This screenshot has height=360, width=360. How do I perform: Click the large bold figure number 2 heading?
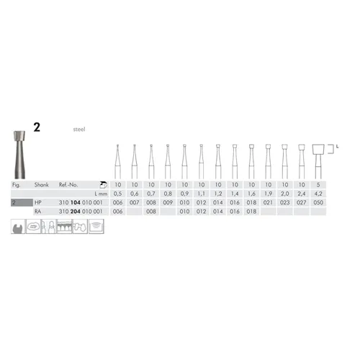[37, 126]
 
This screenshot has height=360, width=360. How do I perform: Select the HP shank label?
[37, 203]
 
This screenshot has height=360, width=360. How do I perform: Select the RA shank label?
[37, 212]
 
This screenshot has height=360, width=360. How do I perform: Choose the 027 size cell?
[300, 203]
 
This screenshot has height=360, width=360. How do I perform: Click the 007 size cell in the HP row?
[134, 203]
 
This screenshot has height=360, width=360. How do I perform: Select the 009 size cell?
[168, 203]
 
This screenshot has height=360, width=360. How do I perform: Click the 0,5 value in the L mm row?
[117, 194]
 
